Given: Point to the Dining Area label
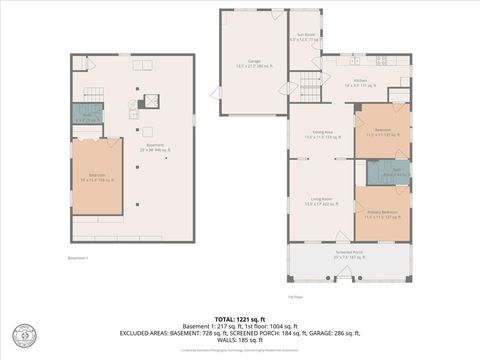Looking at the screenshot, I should click(x=320, y=136).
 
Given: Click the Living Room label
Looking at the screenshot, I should click(x=320, y=202).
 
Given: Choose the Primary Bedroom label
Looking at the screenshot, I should click(x=381, y=213).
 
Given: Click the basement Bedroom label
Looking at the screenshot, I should click(x=96, y=179).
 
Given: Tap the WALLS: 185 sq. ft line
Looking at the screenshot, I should click(x=239, y=340).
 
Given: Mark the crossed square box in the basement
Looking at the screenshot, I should click(x=153, y=100).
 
